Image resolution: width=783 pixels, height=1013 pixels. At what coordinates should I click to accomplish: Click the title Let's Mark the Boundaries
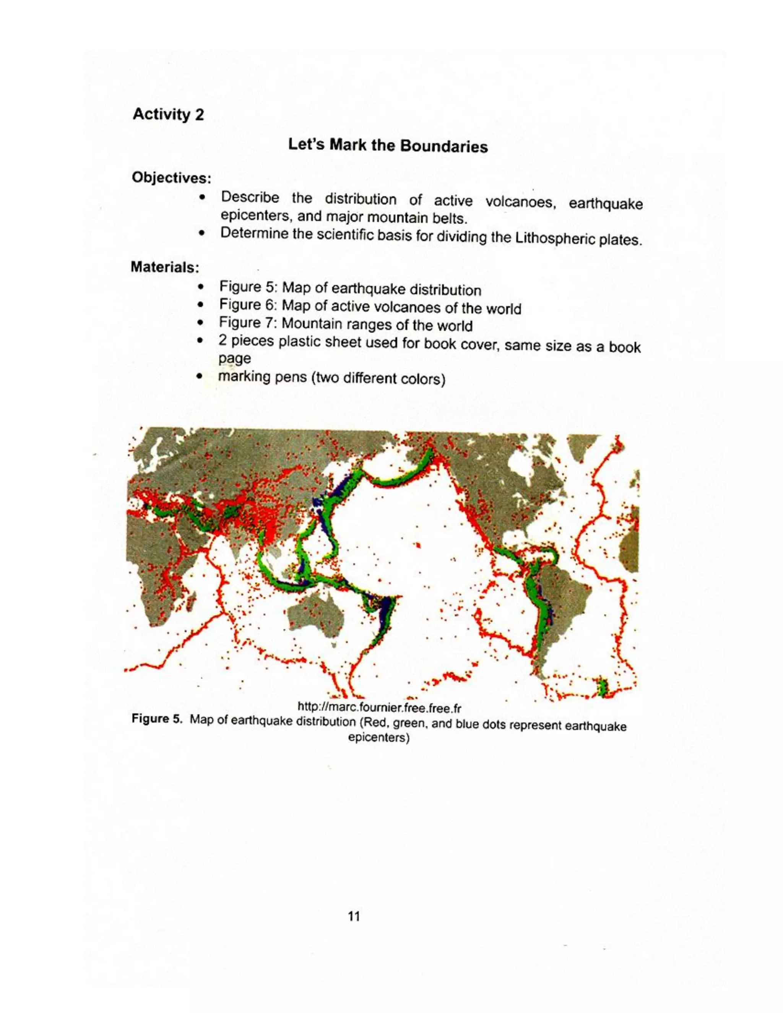click(387, 145)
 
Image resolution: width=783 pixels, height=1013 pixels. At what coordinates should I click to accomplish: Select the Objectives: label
click(172, 177)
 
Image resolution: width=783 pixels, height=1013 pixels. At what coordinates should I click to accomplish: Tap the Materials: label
click(165, 267)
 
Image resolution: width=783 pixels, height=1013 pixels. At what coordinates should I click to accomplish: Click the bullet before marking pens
click(200, 377)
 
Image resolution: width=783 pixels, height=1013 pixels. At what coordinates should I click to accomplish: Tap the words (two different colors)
click(378, 379)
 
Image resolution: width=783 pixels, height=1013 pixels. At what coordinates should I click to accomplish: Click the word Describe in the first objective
click(250, 198)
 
